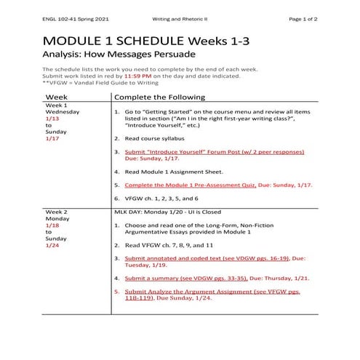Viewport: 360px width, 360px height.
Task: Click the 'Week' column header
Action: click(57, 97)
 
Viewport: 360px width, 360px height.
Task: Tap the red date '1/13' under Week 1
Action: click(51, 119)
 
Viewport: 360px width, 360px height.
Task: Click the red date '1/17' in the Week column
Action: click(51, 137)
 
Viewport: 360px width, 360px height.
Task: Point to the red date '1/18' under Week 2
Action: click(51, 225)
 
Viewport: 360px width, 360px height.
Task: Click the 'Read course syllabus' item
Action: click(155, 137)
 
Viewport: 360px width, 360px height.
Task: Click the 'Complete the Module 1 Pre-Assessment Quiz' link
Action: click(189, 185)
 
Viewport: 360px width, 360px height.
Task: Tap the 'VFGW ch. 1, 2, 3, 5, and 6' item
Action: click(161, 198)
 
